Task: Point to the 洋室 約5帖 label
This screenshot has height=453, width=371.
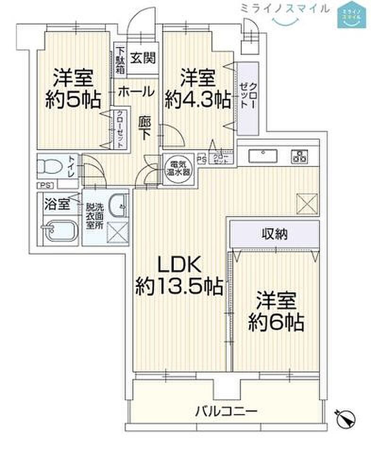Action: (x=73, y=88)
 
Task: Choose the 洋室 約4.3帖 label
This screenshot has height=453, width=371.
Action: (x=198, y=88)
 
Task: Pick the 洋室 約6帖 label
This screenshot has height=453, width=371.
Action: (x=276, y=312)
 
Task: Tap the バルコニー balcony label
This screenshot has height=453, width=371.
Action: (x=227, y=411)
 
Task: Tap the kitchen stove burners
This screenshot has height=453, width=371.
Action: (x=300, y=156)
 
